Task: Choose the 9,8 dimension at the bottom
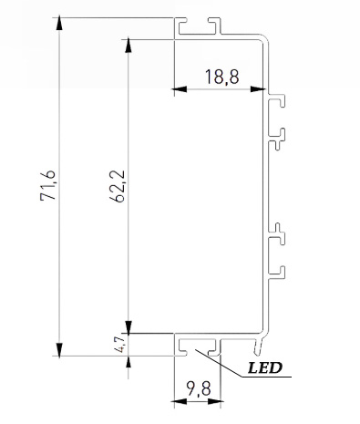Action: tap(197, 389)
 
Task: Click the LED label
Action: tap(264, 369)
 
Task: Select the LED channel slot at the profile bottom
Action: tap(200, 347)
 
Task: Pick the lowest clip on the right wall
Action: tap(278, 271)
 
